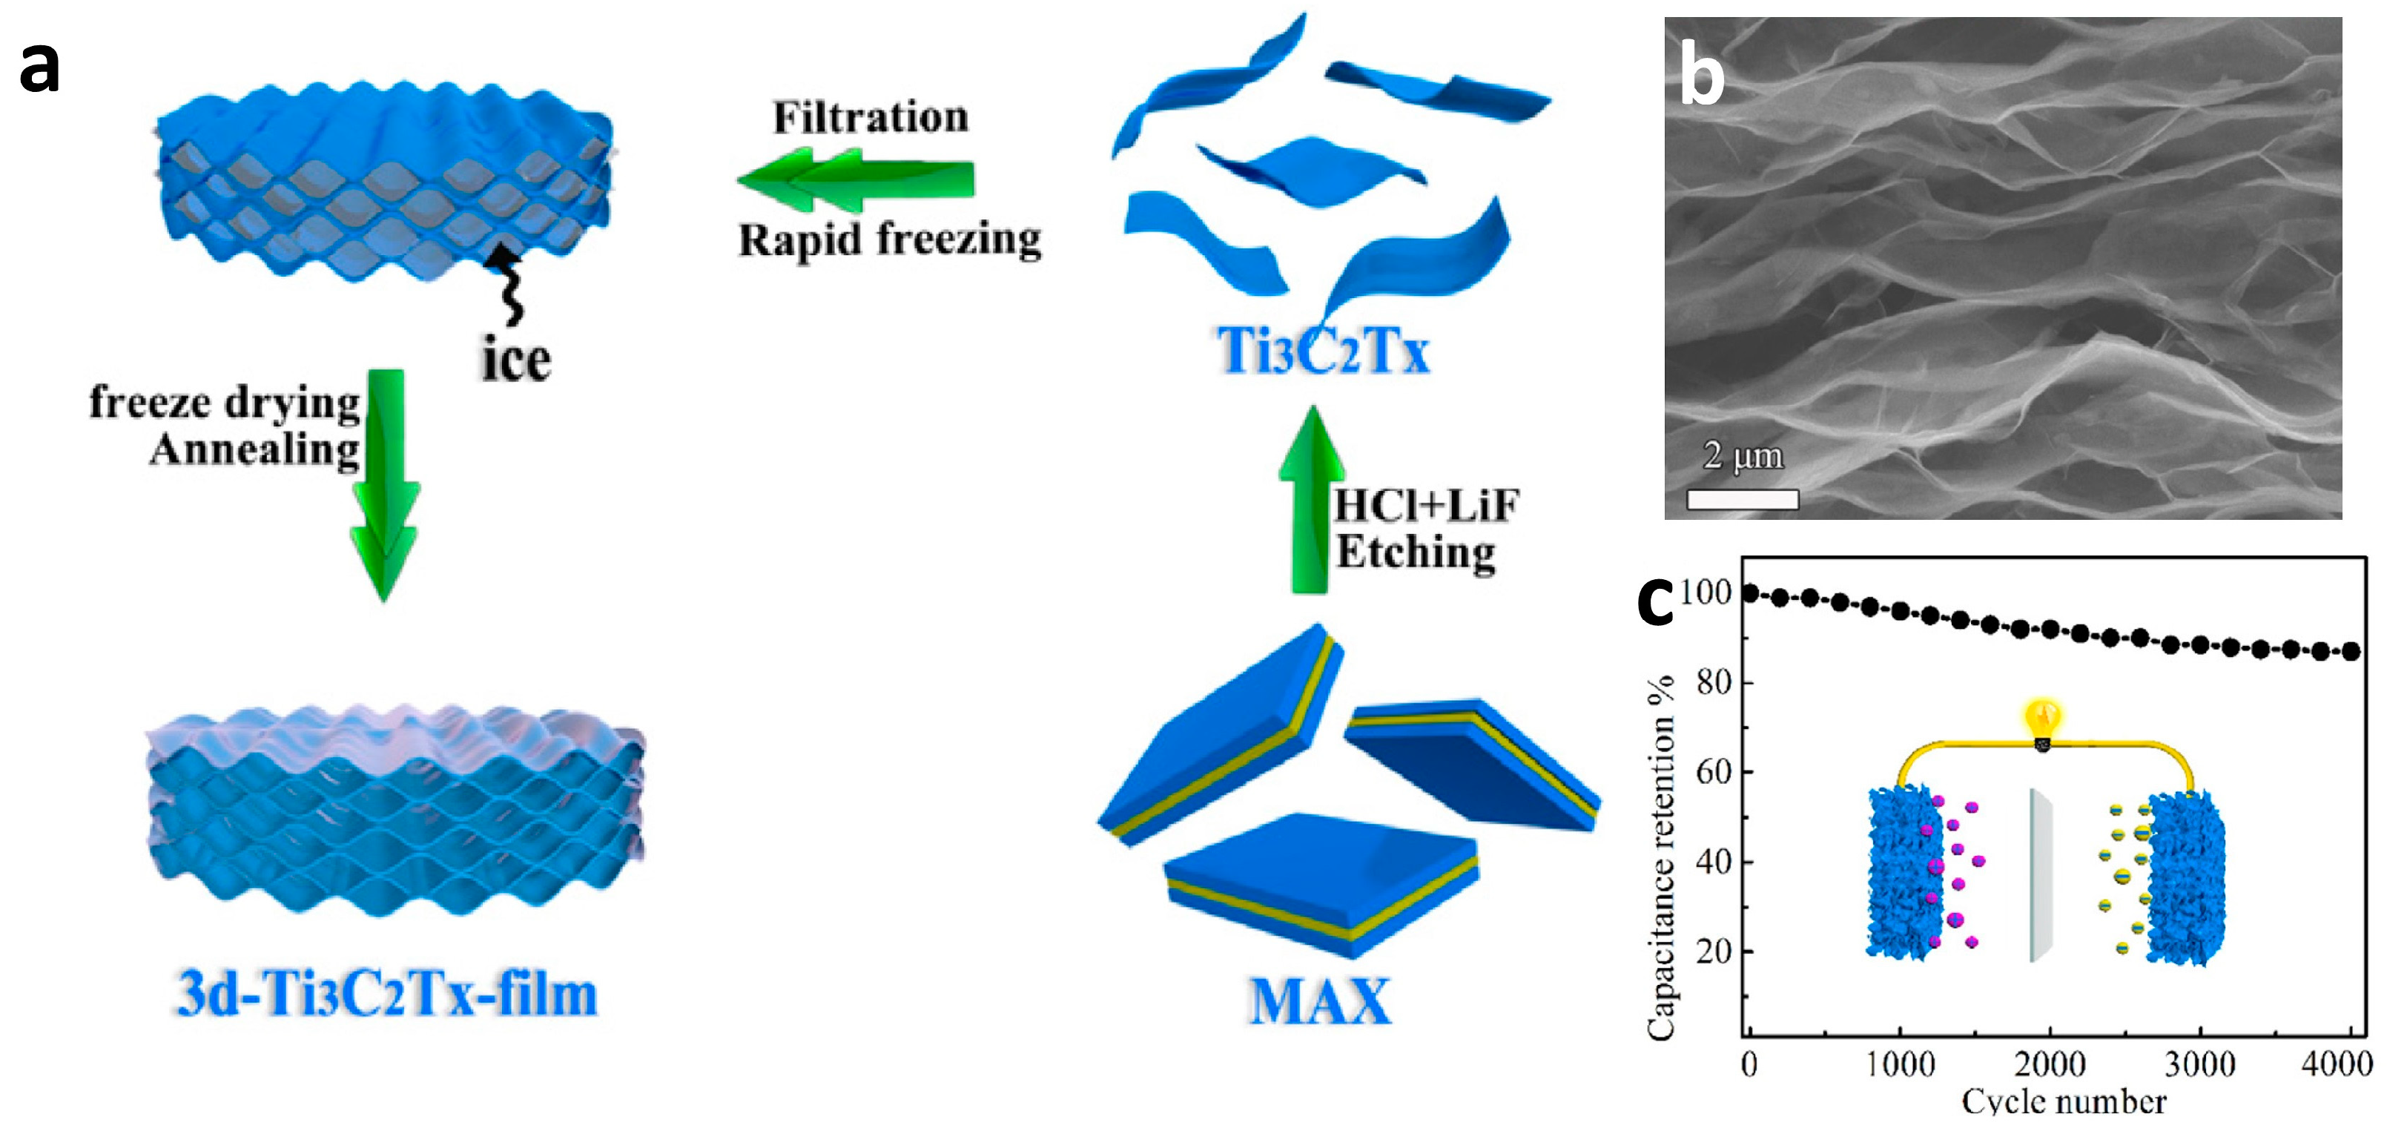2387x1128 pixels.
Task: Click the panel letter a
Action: click(x=39, y=67)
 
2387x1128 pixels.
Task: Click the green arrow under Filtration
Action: click(x=855, y=179)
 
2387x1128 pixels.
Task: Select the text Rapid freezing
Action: click(x=888, y=239)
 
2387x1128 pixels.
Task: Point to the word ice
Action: click(x=515, y=360)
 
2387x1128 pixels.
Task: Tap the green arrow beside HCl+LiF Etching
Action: click(x=1310, y=501)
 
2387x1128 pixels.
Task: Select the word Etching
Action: click(x=1414, y=553)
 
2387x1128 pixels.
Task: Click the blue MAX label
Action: click(x=1319, y=1002)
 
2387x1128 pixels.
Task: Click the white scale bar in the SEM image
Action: click(x=1742, y=501)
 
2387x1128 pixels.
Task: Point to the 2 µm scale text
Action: click(x=1742, y=456)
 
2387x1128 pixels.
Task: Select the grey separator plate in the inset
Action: click(x=2039, y=875)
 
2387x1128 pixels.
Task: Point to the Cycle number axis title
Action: click(x=2064, y=1102)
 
